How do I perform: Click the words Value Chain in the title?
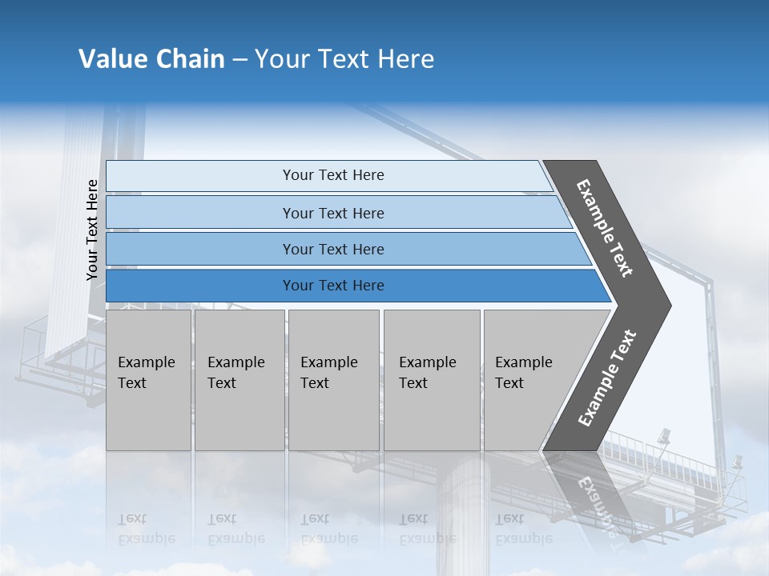(x=151, y=59)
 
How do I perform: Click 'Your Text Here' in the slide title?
(x=344, y=59)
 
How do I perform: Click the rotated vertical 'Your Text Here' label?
(x=92, y=230)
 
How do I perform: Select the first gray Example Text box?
(x=148, y=380)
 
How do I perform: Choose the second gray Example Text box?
(x=239, y=380)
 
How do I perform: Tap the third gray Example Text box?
(x=333, y=380)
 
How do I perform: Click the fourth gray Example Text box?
(x=431, y=380)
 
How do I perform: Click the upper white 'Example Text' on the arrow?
(x=605, y=228)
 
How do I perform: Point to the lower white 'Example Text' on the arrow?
(x=606, y=378)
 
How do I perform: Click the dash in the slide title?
(x=240, y=60)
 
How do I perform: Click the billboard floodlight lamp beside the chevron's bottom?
(x=663, y=437)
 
